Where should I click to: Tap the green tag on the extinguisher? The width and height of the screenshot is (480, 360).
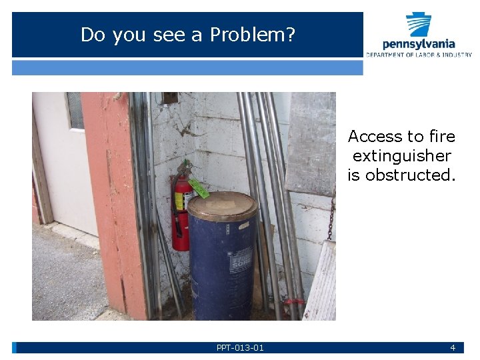point(199,187)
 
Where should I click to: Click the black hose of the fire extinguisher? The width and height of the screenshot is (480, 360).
point(174,200)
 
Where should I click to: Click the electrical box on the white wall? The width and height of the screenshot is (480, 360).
point(171,98)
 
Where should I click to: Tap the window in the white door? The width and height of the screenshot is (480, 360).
point(75,110)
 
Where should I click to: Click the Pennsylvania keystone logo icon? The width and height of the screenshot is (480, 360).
point(419,25)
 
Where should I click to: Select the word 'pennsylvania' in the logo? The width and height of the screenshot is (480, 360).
point(419,44)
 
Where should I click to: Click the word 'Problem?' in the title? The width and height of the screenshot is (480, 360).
point(253,35)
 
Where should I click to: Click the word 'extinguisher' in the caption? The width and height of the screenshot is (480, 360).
point(401,156)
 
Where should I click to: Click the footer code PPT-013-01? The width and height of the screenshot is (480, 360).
point(240,348)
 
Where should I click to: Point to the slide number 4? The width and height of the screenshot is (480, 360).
point(453,348)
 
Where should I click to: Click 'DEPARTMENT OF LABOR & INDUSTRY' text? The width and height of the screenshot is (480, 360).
point(419,55)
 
